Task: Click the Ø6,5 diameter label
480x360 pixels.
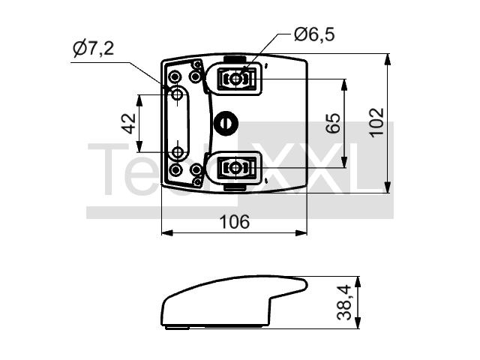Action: [x=314, y=34]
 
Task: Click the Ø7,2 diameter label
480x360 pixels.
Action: [x=94, y=49]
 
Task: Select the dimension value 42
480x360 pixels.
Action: [x=129, y=124]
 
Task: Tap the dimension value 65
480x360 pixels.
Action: [x=333, y=123]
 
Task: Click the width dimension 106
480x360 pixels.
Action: [x=235, y=222]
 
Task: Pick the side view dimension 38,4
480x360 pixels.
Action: [x=344, y=302]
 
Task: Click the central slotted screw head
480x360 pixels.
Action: [x=226, y=123]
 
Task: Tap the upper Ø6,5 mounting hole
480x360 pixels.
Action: [x=235, y=79]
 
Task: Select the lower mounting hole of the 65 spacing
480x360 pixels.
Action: [x=235, y=168]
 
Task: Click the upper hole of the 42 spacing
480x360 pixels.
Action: [x=177, y=94]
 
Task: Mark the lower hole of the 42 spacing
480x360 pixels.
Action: [x=177, y=151]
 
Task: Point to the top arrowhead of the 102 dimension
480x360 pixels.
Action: [x=388, y=59]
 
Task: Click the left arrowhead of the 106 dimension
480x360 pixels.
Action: [x=167, y=233]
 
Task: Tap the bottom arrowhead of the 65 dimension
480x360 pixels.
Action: [x=344, y=162]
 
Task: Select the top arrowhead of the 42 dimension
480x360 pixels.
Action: [x=139, y=100]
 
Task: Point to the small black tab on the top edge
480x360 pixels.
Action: [x=235, y=59]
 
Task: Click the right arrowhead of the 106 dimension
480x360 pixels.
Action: [x=301, y=233]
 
